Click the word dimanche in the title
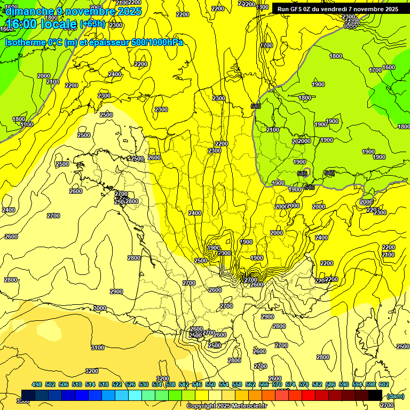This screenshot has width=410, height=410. click(x=29, y=11)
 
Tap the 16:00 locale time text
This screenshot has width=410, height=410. click(x=42, y=24)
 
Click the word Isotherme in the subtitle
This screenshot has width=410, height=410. click(x=26, y=43)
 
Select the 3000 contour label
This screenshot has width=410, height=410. click(x=99, y=308)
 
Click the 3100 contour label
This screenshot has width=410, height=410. click(x=97, y=348)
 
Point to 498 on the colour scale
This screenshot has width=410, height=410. click(x=37, y=384)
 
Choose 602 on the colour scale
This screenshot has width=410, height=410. click(x=383, y=384)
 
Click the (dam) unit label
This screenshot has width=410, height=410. click(x=395, y=396)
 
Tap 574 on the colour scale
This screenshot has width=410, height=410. click(x=290, y=384)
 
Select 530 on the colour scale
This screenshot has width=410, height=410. click(x=144, y=384)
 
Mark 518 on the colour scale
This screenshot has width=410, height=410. click(x=104, y=384)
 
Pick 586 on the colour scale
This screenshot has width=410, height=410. click(x=330, y=384)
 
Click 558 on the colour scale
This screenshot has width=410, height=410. click(x=237, y=384)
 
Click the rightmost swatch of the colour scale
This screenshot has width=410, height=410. click(x=375, y=396)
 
